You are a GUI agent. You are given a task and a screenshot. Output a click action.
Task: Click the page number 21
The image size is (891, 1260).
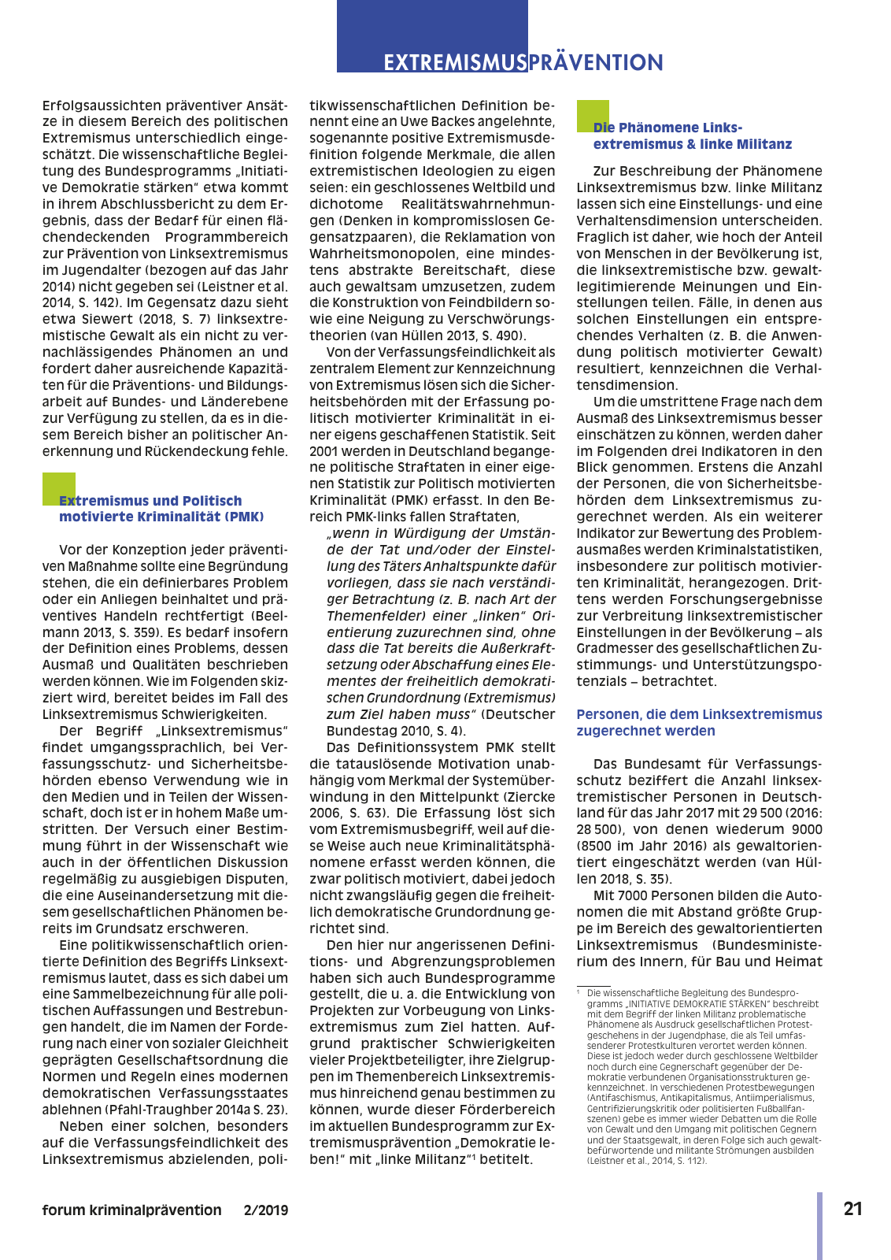coord(852,1209)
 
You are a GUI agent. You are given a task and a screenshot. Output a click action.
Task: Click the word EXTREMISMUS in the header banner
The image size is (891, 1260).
coord(454,62)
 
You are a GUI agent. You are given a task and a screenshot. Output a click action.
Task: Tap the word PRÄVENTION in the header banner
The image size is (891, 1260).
coord(596,62)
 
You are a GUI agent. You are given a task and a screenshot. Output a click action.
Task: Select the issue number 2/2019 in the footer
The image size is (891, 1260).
coord(266,1210)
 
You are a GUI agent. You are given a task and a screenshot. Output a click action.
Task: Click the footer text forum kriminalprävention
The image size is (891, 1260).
coord(131,1210)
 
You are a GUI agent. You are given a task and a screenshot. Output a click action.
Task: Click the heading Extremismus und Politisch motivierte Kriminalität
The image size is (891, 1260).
coord(161,509)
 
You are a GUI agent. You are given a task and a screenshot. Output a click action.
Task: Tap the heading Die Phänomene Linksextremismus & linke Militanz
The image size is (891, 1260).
coord(692,135)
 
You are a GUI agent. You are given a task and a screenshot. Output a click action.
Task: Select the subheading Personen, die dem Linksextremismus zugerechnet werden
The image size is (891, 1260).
coord(698,722)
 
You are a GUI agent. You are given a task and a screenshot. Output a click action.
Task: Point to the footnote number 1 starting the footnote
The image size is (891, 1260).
coord(579,994)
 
